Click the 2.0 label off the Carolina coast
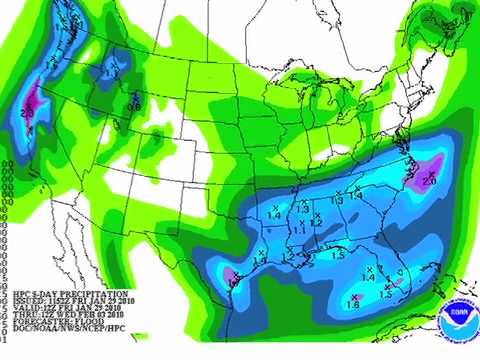(x=430, y=180)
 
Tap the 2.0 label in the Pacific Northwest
(x=27, y=114)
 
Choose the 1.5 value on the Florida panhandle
(x=337, y=257)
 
